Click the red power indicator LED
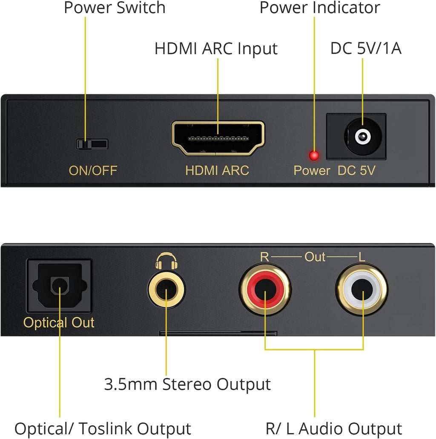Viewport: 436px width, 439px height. pos(314,156)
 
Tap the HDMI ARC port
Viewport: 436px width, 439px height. pos(218,138)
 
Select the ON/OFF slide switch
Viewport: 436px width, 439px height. pos(92,144)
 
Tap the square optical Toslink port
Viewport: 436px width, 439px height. pos(59,285)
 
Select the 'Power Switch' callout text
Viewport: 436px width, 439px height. pos(115,8)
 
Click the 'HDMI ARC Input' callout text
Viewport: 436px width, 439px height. pos(216,49)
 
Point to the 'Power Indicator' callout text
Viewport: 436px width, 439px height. pos(320,8)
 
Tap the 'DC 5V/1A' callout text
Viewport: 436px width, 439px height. pos(366,49)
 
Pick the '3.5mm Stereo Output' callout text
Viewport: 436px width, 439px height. pos(187,384)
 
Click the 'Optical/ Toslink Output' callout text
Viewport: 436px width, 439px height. pos(103,428)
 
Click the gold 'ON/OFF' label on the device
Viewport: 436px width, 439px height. pos(93,171)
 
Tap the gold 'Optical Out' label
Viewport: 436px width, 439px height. pos(59,323)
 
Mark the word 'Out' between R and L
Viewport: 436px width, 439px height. pos(315,257)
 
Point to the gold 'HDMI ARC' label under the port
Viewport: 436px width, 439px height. pos(217,171)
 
